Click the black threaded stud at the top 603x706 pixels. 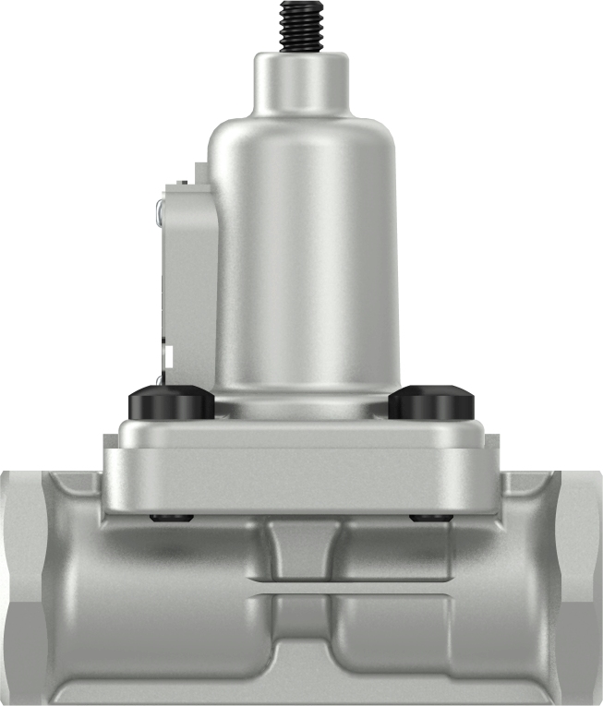[x=301, y=26]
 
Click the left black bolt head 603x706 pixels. [x=171, y=403]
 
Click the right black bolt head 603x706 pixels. [x=431, y=403]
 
